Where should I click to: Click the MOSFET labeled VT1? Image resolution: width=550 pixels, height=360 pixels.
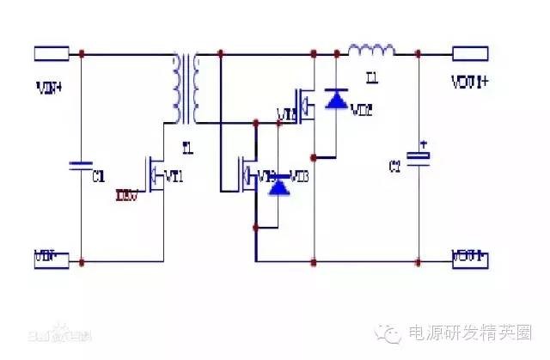(x=156, y=176)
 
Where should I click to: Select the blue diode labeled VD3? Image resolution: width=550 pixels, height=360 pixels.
(x=277, y=185)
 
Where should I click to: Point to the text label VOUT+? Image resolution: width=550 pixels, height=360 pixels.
(x=470, y=84)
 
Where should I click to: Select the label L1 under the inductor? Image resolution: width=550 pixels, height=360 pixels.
(x=371, y=78)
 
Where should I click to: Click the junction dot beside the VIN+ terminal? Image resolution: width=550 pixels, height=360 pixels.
(x=82, y=54)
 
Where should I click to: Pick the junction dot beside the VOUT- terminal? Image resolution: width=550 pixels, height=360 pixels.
(x=419, y=259)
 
